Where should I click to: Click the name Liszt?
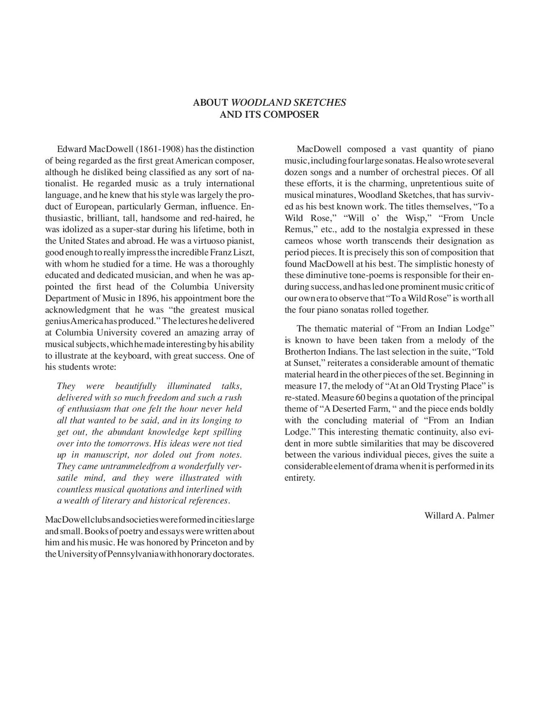(x=244, y=252)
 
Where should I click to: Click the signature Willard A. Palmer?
(x=459, y=515)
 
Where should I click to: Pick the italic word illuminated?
(x=189, y=386)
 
